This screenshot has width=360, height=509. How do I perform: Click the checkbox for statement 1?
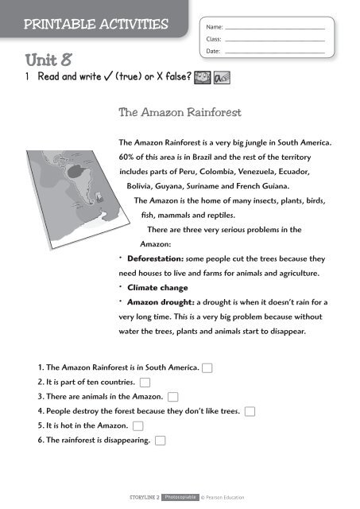207,367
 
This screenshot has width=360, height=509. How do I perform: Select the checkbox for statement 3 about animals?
172,396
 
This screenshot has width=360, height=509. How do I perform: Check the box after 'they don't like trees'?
250,410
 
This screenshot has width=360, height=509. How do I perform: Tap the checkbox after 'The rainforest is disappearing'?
161,440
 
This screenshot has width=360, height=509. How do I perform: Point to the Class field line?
275,39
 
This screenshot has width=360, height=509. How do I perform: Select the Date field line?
275,51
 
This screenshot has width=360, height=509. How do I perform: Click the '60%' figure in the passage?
127,157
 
